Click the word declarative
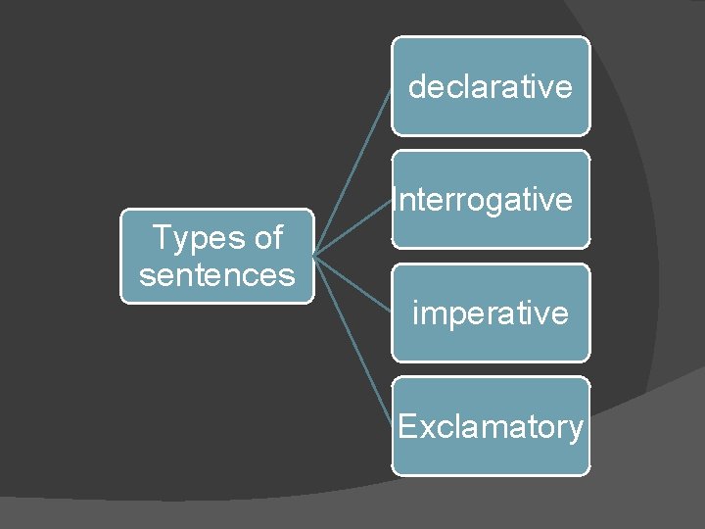pos(490,87)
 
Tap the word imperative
pos(490,313)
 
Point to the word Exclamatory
pos(491,427)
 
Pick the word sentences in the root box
pos(217,275)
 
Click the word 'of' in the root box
pos(266,238)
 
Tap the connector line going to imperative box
pos(352,284)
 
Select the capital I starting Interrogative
pos(395,200)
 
